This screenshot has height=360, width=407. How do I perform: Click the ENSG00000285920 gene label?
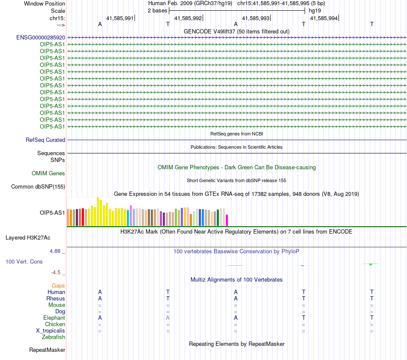(41, 38)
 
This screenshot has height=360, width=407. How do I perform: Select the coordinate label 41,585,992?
(188, 18)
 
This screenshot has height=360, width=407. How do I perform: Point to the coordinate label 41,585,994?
(324, 18)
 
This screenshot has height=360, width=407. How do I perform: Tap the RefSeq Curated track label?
(45, 140)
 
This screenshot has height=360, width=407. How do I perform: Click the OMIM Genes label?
(48, 173)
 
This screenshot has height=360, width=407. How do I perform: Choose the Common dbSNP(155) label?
(38, 187)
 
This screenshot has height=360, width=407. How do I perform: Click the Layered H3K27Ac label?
(28, 238)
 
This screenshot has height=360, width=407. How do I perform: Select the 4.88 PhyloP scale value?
(55, 251)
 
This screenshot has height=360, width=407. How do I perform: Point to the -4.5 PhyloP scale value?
(56, 273)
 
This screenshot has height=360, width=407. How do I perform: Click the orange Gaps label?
(58, 286)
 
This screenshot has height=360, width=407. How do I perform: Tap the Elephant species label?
(54, 318)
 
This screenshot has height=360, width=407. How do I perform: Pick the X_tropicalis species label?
(51, 331)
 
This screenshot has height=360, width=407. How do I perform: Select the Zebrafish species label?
(54, 337)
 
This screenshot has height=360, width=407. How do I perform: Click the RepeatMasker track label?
(47, 350)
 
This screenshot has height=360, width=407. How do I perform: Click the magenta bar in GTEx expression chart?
(227, 220)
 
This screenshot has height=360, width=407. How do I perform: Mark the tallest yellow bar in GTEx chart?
(98, 212)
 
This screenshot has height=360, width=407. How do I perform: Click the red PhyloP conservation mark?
(236, 265)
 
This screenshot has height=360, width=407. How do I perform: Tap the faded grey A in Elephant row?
(168, 318)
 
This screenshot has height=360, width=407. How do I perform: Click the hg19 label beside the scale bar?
(315, 11)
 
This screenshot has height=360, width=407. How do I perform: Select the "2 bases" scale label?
(158, 11)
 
